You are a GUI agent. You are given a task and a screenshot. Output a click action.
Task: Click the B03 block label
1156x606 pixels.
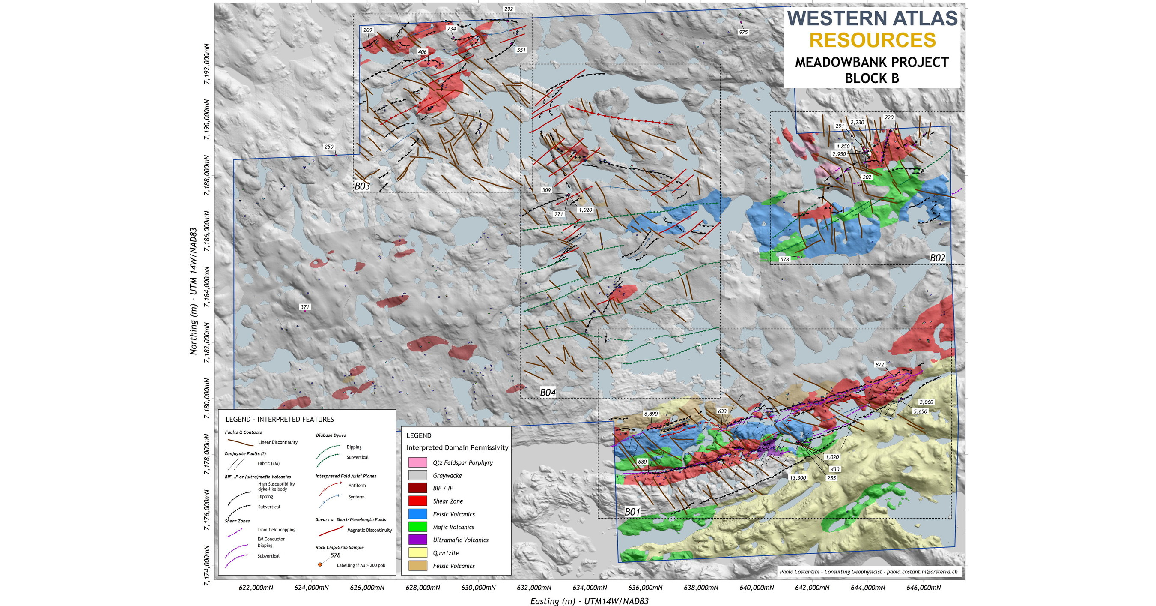(362, 186)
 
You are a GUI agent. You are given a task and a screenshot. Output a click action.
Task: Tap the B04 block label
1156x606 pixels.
(548, 393)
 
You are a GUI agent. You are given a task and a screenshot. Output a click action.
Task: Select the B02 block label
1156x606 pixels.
(938, 258)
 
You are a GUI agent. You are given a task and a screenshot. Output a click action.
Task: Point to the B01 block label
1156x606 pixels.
(632, 512)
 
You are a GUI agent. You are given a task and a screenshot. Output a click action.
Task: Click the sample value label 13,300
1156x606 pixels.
(798, 477)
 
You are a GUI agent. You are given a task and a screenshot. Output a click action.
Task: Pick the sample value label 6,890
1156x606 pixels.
(651, 414)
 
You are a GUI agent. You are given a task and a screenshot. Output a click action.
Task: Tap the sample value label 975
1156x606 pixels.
(743, 32)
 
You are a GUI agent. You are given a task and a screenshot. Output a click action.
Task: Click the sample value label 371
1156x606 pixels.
(305, 307)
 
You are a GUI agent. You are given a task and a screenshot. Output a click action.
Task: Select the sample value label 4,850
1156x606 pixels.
(842, 147)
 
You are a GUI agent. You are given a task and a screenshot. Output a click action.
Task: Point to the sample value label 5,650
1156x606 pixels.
(920, 411)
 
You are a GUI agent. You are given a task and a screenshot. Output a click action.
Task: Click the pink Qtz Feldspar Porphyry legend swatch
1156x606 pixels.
(417, 462)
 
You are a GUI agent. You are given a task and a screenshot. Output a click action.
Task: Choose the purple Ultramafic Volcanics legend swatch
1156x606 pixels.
(417, 540)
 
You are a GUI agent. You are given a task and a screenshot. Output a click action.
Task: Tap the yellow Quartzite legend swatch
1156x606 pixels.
(417, 553)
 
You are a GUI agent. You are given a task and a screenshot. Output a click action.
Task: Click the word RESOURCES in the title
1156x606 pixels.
(873, 40)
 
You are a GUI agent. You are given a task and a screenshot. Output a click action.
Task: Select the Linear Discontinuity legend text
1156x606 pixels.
(277, 442)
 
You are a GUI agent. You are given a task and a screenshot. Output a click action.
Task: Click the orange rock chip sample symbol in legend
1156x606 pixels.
(320, 564)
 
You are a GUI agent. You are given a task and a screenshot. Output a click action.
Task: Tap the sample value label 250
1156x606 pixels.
(329, 147)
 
